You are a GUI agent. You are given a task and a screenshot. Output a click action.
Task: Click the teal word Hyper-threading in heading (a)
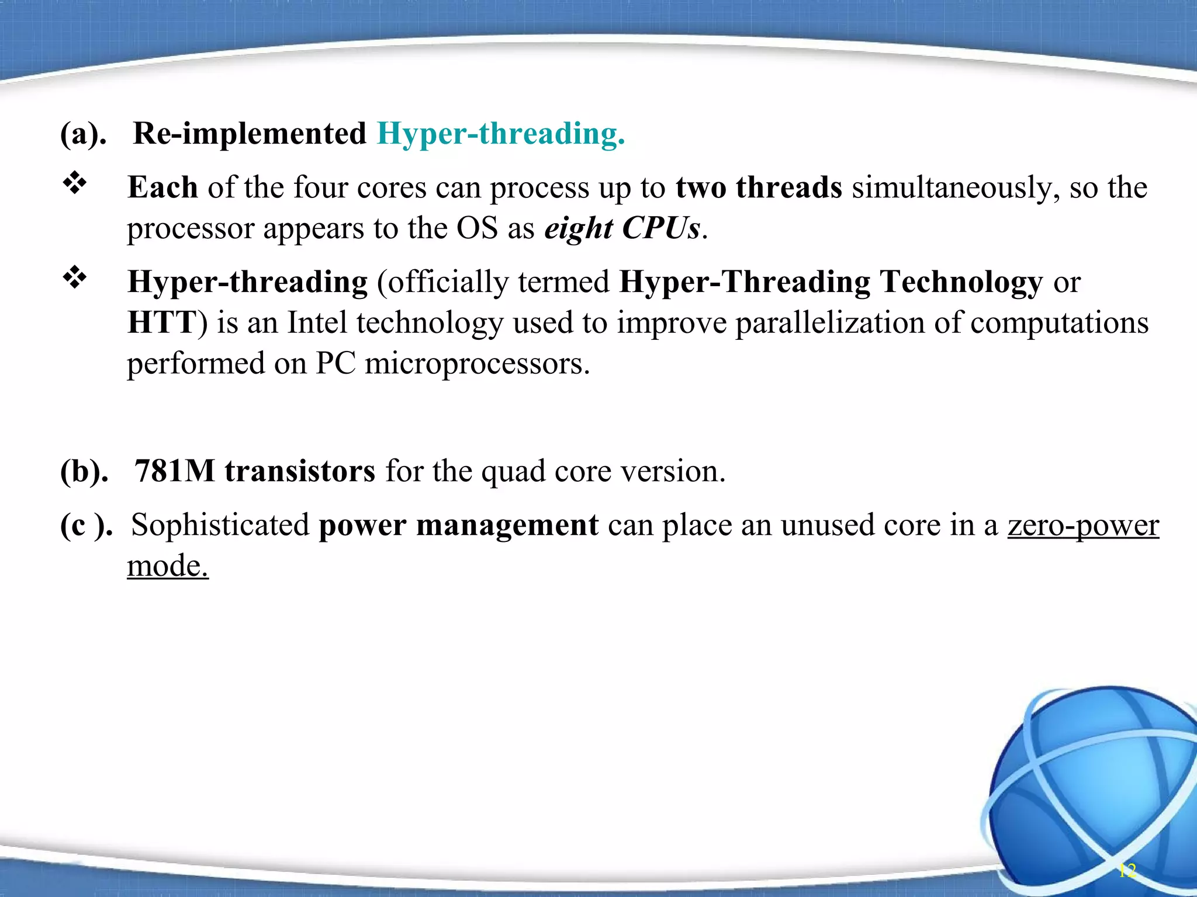[501, 134]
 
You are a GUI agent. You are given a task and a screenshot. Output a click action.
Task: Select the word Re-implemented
[250, 134]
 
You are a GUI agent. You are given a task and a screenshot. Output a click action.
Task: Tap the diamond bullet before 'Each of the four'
[75, 184]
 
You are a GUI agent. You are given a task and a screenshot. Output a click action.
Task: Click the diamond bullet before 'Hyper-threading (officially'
[75, 278]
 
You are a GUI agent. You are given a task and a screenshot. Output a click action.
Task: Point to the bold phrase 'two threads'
[759, 187]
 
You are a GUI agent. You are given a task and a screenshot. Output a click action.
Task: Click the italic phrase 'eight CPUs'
[622, 228]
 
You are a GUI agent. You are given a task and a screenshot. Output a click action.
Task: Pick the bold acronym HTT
[161, 322]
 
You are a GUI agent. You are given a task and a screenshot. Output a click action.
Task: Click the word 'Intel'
[317, 322]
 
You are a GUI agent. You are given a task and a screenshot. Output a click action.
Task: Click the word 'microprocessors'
[477, 364]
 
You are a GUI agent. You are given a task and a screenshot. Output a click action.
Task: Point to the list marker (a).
[84, 134]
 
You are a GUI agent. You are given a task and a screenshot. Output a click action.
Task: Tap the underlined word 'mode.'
[168, 566]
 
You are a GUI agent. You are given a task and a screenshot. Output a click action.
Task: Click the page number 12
[1127, 871]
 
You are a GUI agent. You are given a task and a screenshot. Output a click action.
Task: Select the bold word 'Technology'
[961, 282]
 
